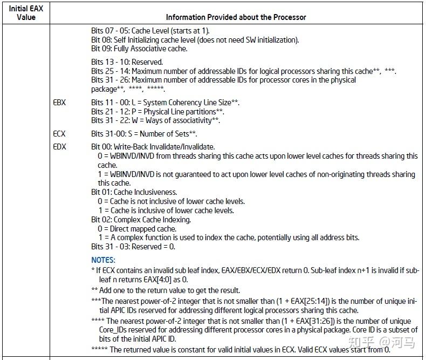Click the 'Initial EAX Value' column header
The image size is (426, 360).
pyautogui.click(x=26, y=12)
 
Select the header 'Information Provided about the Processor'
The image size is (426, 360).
pyautogui.click(x=236, y=17)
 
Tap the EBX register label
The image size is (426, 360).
pyautogui.click(x=59, y=103)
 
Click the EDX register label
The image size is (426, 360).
pyautogui.click(x=59, y=147)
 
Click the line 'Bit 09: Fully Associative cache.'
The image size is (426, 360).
pyautogui.click(x=139, y=49)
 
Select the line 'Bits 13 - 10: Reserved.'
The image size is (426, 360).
pyautogui.click(x=127, y=62)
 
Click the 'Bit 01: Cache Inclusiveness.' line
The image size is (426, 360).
pyautogui.click(x=134, y=192)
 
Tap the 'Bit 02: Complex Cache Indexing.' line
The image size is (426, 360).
pyautogui.click(x=141, y=220)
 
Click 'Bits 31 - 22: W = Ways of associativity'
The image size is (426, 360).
pyautogui.click(x=155, y=120)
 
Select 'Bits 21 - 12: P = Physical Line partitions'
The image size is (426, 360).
pyautogui.click(x=157, y=112)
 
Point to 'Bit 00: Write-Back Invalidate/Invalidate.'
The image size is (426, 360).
pyautogui.click(x=153, y=147)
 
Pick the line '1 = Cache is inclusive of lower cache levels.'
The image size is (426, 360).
pyautogui.click(x=165, y=210)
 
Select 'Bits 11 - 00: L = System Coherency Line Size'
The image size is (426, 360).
pyautogui.click(x=165, y=103)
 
